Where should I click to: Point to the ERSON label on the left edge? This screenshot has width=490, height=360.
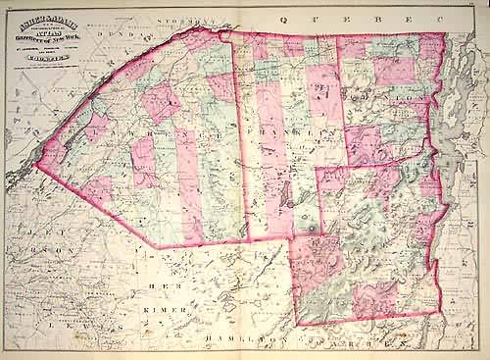[39, 252]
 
